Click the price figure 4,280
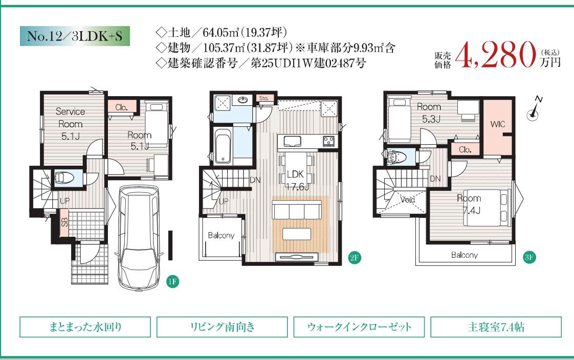coord(496,55)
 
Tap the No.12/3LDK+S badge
coord(75,36)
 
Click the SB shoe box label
coord(64,222)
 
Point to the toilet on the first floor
coord(64,178)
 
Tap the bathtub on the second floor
coord(223,146)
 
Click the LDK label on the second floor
coord(295,174)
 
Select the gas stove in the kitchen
coord(328,141)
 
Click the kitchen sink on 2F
coord(293,141)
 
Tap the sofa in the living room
coord(297,211)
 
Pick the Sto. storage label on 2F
coord(264,98)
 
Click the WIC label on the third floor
coord(497,124)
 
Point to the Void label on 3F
coord(407,199)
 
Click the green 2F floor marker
coord(355,258)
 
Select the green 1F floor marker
coord(172,281)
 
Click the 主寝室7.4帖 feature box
coord(496,327)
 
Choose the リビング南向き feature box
coord(222,327)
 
